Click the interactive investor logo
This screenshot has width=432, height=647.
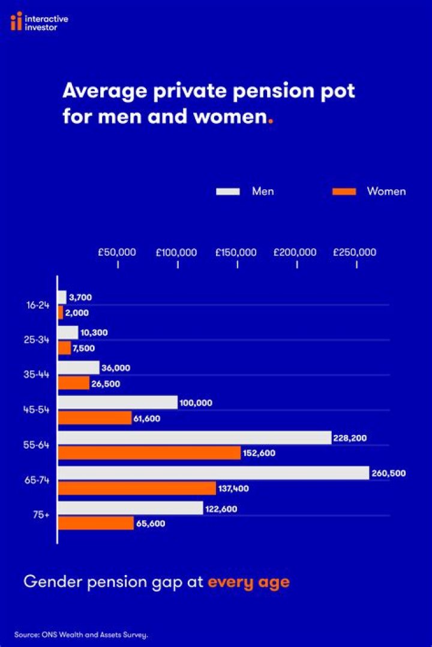(x=39, y=23)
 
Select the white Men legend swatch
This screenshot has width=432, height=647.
(x=228, y=192)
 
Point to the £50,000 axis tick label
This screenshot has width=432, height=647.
(x=117, y=252)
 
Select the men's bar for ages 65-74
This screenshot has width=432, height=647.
(x=213, y=473)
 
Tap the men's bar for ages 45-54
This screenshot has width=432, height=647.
(x=118, y=403)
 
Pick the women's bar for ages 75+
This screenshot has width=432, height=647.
(x=95, y=523)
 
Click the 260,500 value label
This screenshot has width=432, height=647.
(x=389, y=473)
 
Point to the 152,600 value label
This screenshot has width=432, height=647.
(x=259, y=453)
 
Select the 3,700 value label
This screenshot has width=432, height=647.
(x=80, y=297)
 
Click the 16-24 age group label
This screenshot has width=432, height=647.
(x=37, y=305)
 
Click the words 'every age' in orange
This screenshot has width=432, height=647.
(x=248, y=582)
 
